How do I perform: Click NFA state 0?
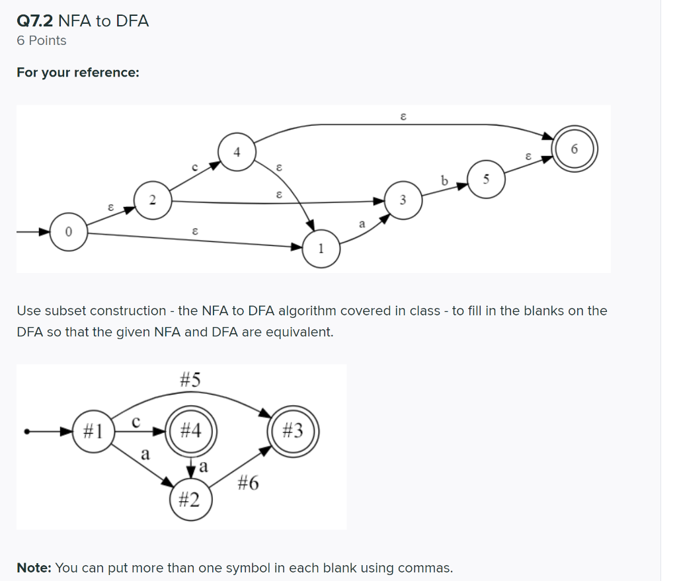tap(67, 233)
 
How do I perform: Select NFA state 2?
tap(153, 199)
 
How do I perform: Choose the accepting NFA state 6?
tap(574, 150)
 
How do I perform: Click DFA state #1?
tap(93, 432)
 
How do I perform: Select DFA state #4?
tap(190, 432)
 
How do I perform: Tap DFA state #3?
tap(292, 432)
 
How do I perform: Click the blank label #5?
tap(190, 380)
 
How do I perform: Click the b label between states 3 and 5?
tap(444, 180)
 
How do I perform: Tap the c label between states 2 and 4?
tap(194, 168)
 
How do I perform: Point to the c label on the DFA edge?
tap(136, 421)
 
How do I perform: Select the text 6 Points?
tap(42, 41)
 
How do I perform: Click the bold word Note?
tap(34, 567)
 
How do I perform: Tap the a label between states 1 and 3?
tap(362, 225)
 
